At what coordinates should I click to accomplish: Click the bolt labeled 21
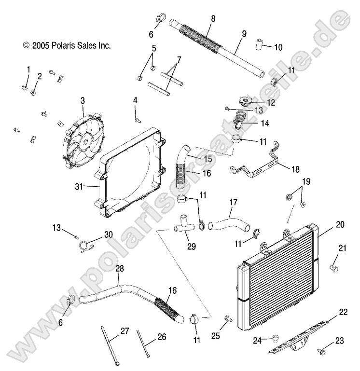click(333, 264)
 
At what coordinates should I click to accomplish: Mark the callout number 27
click(125, 330)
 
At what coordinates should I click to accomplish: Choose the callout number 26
click(161, 337)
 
